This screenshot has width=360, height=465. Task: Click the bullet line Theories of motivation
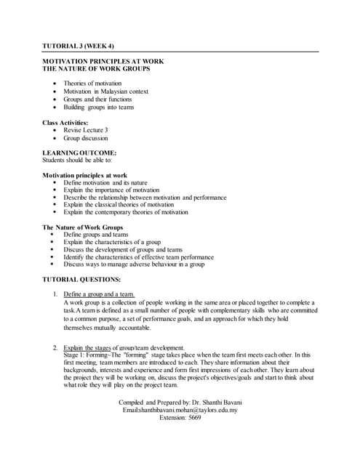click(x=97, y=84)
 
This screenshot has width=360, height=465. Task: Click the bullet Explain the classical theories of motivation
click(x=124, y=205)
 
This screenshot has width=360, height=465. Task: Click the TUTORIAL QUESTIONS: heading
click(x=81, y=279)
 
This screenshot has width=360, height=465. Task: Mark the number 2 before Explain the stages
click(x=56, y=347)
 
